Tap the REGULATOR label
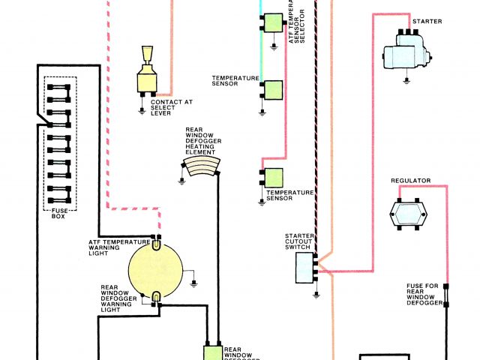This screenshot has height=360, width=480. coord(409,181)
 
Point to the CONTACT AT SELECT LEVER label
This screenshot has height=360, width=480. coord(171,107)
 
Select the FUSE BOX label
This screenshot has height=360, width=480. coord(58,213)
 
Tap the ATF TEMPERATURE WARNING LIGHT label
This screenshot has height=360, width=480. coord(114,247)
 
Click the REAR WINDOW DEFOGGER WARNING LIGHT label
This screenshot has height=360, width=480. coord(119,298)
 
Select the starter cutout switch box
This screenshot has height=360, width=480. coord(303,266)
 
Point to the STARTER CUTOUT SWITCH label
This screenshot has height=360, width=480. coord(298,241)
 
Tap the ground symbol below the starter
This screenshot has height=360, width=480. coord(406,79)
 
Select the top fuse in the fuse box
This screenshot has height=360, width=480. coord(58,88)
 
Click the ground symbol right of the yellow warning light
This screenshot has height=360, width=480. coord(195,283)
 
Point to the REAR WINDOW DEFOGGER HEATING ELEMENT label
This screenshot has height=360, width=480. coord(201,140)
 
